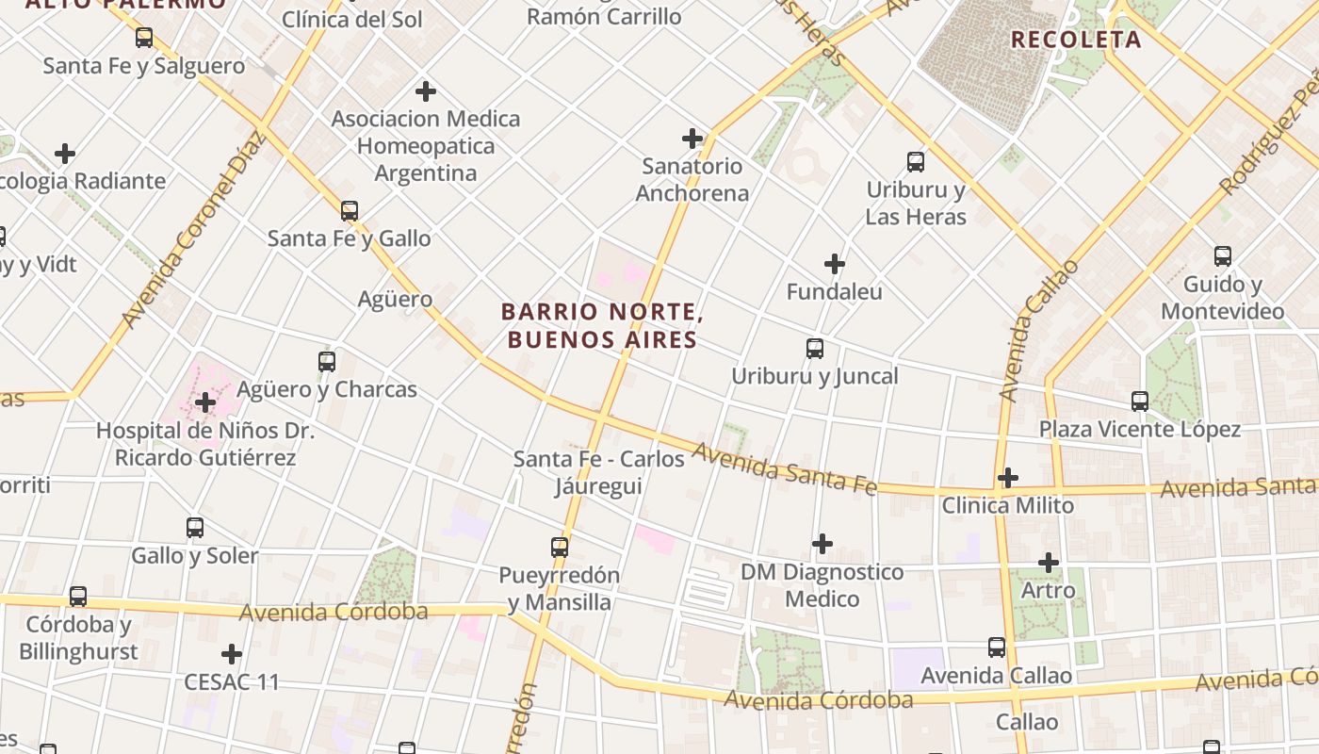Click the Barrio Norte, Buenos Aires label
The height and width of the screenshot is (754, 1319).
(603, 325)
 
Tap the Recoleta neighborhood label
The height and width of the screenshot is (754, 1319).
(1076, 40)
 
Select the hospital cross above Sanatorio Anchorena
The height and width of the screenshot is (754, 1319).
(692, 139)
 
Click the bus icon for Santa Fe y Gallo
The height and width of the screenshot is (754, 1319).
(350, 211)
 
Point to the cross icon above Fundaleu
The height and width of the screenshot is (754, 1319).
(835, 264)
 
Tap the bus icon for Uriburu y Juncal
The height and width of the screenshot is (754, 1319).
(815, 349)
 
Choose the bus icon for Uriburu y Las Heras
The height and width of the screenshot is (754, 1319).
(916, 161)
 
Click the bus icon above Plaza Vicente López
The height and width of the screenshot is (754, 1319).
(1140, 402)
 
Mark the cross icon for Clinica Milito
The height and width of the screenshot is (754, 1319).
(1008, 478)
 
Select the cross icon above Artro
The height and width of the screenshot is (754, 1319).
(1049, 563)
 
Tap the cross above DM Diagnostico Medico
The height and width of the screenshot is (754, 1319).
(822, 544)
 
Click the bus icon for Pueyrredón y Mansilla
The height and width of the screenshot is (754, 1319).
(560, 547)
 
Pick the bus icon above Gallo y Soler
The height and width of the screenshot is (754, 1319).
(195, 528)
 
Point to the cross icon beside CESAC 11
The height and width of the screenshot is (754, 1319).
(232, 654)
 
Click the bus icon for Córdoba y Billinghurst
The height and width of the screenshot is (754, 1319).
(78, 597)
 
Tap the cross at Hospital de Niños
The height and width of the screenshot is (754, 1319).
(204, 403)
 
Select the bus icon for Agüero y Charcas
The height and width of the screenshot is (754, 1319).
(327, 361)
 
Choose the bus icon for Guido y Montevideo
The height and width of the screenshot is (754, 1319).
(1223, 256)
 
